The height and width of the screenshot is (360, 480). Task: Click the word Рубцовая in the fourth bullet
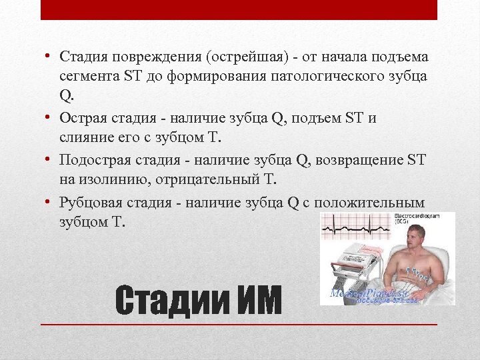click(90, 203)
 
